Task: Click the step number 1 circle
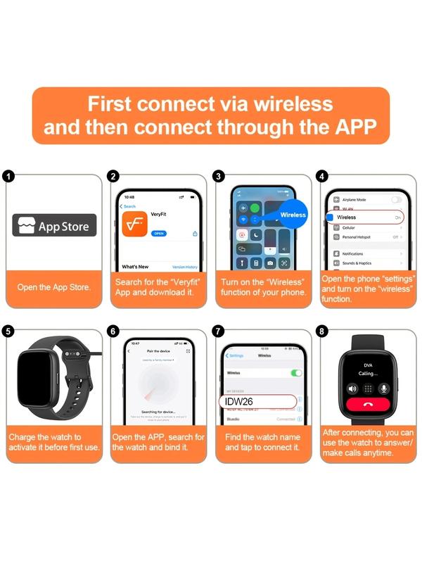click(8, 176)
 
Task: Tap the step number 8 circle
click(323, 331)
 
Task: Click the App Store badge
click(54, 226)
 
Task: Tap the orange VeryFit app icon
click(134, 224)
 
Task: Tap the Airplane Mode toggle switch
click(396, 200)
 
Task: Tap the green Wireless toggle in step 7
click(296, 372)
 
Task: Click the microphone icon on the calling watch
click(384, 388)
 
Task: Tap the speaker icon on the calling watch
click(352, 388)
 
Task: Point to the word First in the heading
click(109, 103)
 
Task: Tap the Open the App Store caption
click(54, 287)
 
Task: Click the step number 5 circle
click(8, 331)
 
